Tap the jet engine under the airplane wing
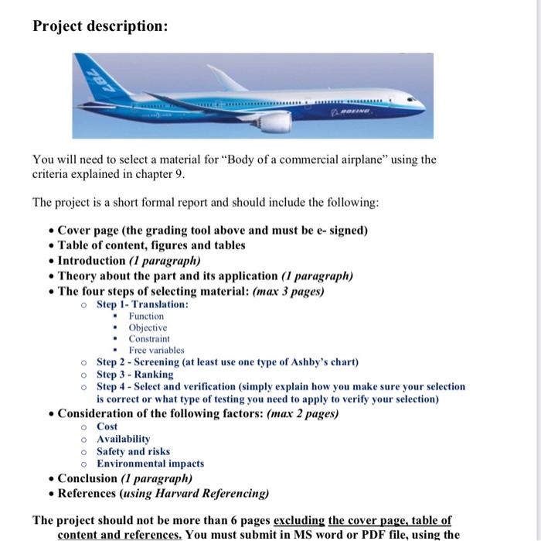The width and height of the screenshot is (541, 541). (x=275, y=122)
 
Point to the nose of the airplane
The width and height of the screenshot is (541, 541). (x=420, y=102)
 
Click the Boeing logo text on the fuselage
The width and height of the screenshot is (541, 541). (x=356, y=112)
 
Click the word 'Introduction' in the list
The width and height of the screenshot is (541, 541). (x=91, y=261)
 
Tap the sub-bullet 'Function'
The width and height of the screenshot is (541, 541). (x=146, y=317)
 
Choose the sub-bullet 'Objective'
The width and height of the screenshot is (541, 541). (x=148, y=328)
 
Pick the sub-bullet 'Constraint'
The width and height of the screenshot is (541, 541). (x=149, y=339)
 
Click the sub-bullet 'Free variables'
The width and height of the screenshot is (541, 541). (x=156, y=351)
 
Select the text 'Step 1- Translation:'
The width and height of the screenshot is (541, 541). (x=142, y=305)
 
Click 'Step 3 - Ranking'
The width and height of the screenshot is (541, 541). (x=134, y=375)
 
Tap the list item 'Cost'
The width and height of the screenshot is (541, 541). (x=107, y=426)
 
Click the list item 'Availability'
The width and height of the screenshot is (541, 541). (x=123, y=439)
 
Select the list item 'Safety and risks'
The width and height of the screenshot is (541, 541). (x=133, y=451)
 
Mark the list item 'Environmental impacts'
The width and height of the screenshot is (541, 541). (x=150, y=464)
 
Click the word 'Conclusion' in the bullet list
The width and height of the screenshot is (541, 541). (x=87, y=478)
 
